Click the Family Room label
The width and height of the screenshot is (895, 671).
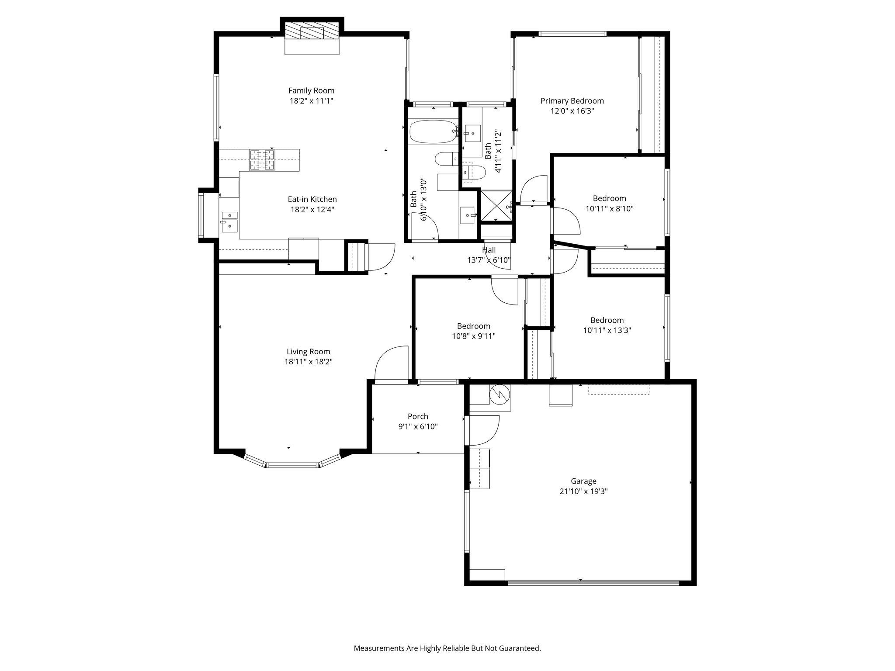[311, 90]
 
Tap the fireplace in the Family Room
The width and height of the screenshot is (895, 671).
[312, 33]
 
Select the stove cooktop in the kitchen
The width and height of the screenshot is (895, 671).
[262, 160]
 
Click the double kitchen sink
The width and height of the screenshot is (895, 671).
[229, 221]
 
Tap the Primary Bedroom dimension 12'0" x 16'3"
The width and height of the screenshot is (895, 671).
[572, 111]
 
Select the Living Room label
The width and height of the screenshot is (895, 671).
[308, 351]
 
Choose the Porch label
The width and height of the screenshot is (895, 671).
[418, 416]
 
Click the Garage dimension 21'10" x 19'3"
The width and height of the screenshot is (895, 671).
[583, 491]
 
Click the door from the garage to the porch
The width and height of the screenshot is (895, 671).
[483, 430]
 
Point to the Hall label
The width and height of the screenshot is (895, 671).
[489, 250]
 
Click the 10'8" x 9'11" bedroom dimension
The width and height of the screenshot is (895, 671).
[473, 336]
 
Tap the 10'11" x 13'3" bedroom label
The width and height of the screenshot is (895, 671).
[607, 320]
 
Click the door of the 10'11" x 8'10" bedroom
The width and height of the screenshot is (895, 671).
[565, 221]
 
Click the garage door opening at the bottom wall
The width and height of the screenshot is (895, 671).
[593, 583]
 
